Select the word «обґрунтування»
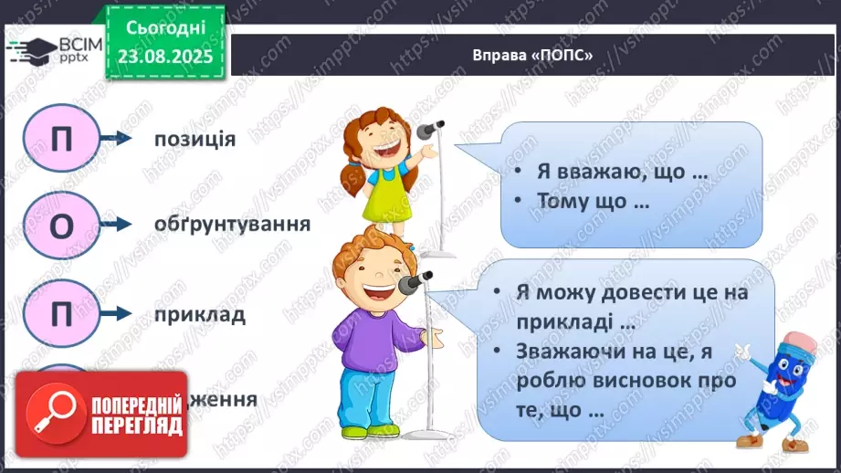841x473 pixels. (x=219, y=224)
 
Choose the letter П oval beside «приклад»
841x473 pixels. (x=59, y=315)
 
